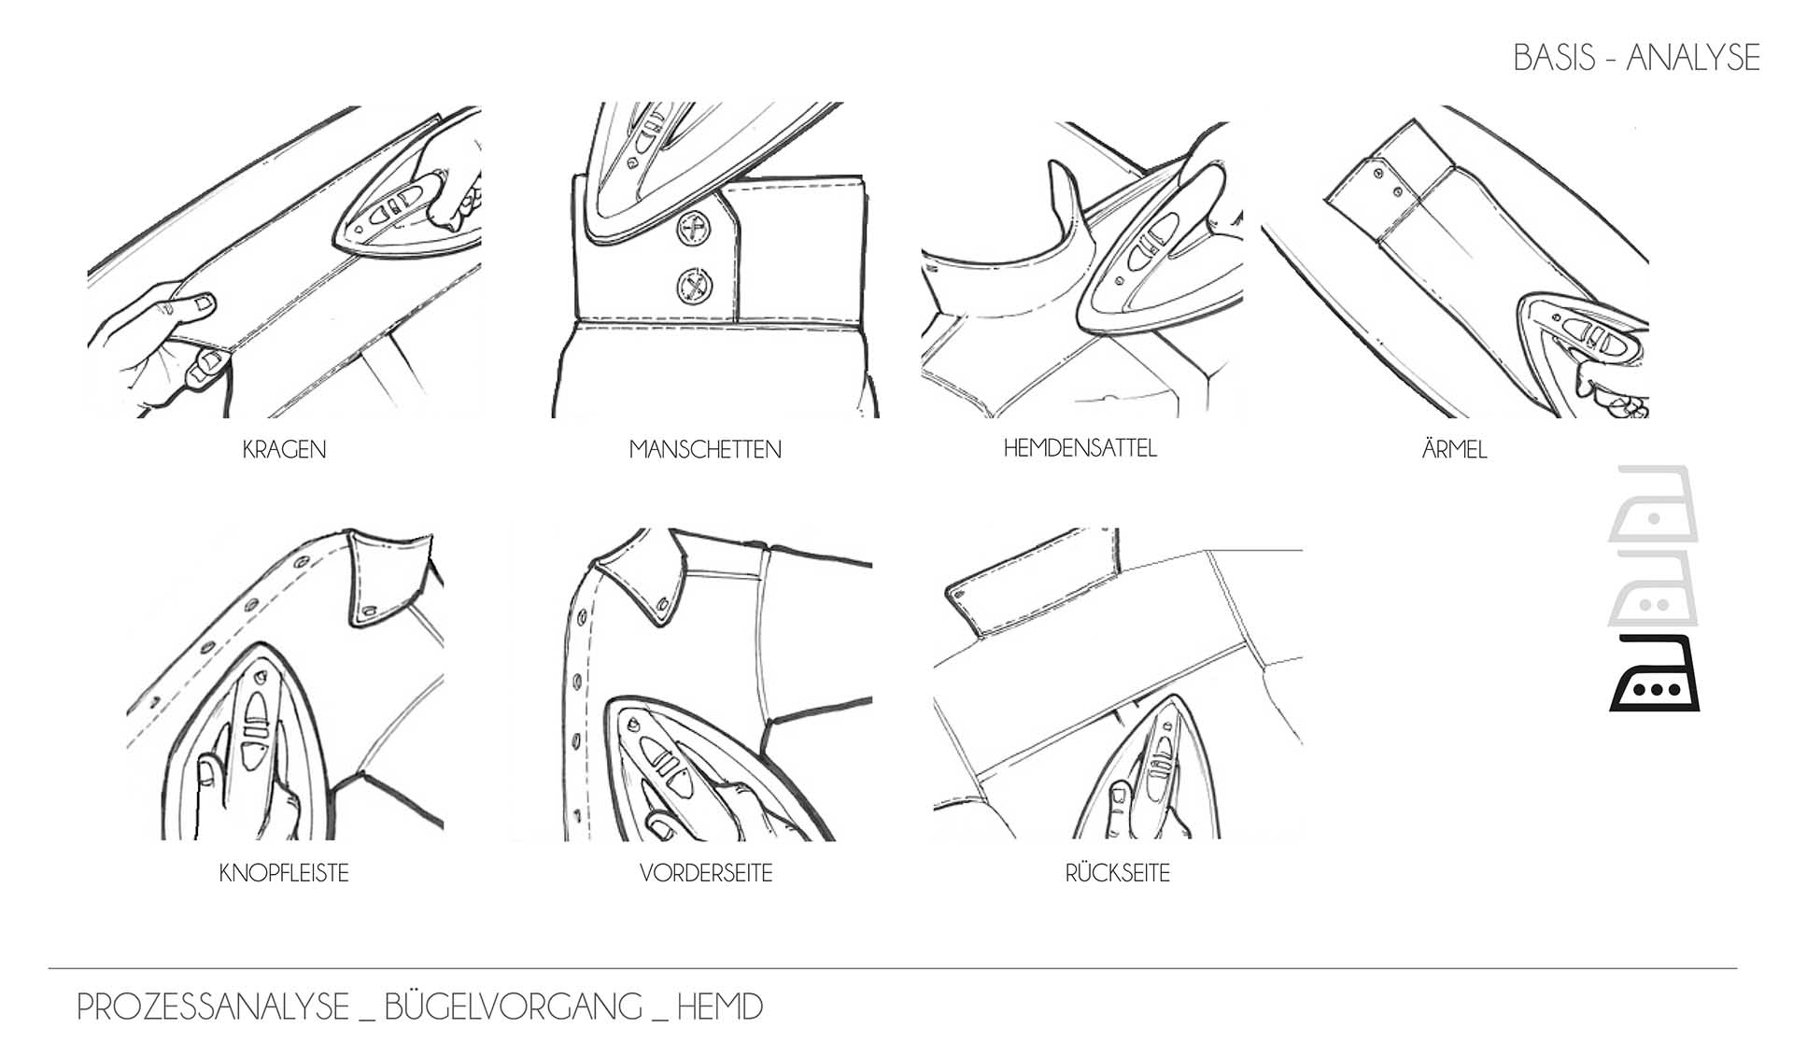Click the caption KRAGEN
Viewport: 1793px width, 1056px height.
click(x=284, y=449)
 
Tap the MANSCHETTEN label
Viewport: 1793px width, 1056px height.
click(x=705, y=449)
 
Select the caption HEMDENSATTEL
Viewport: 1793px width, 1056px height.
click(x=1080, y=448)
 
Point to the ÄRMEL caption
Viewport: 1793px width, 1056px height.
click(x=1454, y=448)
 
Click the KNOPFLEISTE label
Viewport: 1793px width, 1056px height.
click(x=284, y=873)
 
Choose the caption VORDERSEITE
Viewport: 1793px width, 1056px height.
click(x=706, y=873)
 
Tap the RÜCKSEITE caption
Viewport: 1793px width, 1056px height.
click(x=1117, y=872)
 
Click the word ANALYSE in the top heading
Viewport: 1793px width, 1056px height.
click(x=1693, y=58)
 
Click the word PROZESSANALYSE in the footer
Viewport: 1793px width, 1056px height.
click(x=213, y=1007)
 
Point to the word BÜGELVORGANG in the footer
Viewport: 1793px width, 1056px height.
click(x=513, y=1006)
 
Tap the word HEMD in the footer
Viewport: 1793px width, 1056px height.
click(x=719, y=1007)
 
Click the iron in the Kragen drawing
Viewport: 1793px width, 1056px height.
click(x=402, y=214)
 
